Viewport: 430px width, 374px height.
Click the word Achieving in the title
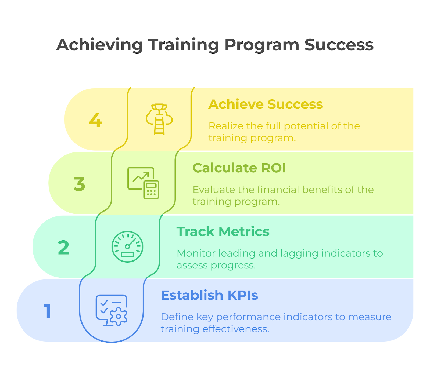tap(99, 45)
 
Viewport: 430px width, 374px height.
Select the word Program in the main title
tap(262, 45)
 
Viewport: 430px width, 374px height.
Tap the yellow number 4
tap(96, 120)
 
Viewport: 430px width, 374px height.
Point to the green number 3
tap(80, 184)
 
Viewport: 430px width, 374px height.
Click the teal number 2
tap(64, 248)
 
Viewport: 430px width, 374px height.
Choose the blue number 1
tap(48, 311)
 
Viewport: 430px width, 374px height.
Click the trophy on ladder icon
tap(159, 119)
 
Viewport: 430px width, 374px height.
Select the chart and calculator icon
tap(143, 183)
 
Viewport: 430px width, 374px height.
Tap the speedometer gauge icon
tap(127, 246)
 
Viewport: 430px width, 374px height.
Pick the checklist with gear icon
tap(112, 310)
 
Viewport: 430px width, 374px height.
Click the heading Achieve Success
tap(266, 104)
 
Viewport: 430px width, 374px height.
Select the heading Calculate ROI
tap(239, 168)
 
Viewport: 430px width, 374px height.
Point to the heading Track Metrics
tap(223, 231)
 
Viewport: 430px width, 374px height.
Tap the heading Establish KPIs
tap(209, 295)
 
